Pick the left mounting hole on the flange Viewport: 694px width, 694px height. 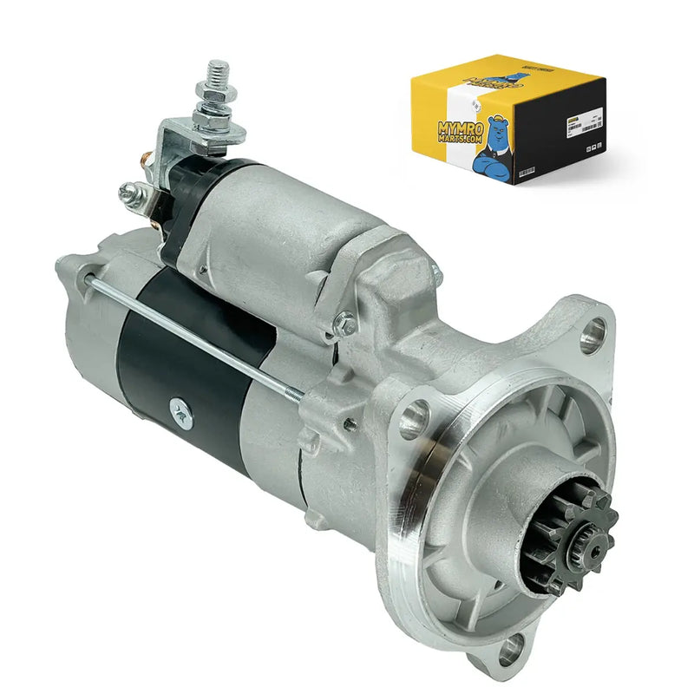[414, 419]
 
